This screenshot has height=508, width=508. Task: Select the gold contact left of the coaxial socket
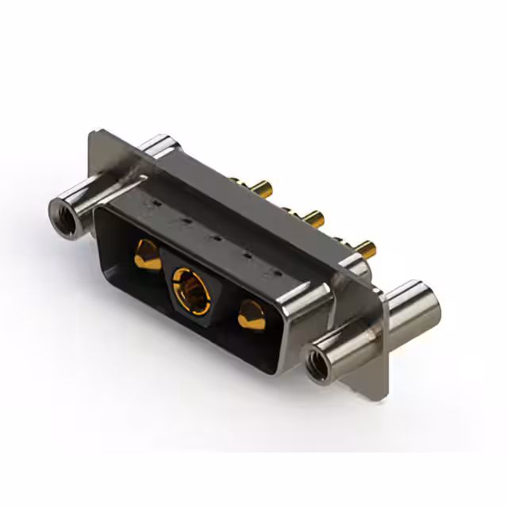pos(145,255)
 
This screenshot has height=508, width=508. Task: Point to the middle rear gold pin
pos(312,217)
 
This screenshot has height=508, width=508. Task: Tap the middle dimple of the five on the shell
pos(214,237)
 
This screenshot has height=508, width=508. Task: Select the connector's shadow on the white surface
pos(238,397)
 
